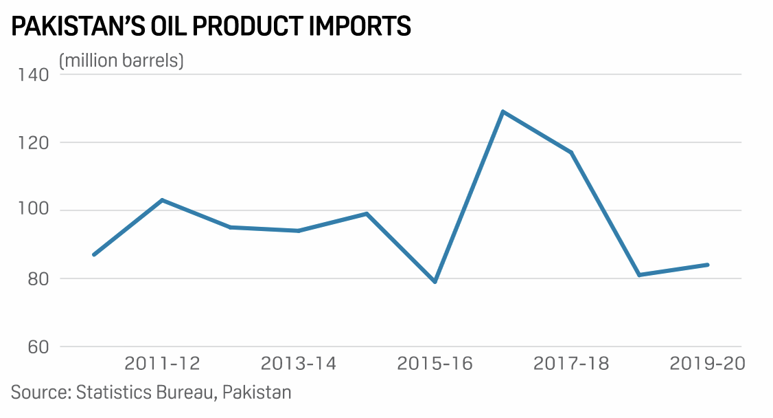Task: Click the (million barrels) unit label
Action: pyautogui.click(x=122, y=60)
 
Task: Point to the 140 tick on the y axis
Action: pyautogui.click(x=30, y=74)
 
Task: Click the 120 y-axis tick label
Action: pyautogui.click(x=30, y=142)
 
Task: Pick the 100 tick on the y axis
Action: pyautogui.click(x=30, y=210)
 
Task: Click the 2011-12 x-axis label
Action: pyautogui.click(x=162, y=364)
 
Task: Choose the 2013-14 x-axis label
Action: pyautogui.click(x=299, y=364)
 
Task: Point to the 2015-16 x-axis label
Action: pyautogui.click(x=435, y=364)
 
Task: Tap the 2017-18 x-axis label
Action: pyautogui.click(x=571, y=364)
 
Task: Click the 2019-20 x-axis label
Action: pyautogui.click(x=708, y=364)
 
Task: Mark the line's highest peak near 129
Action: pyautogui.click(x=503, y=111)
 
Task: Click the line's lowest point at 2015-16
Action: pyautogui.click(x=435, y=282)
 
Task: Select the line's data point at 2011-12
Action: pyautogui.click(x=162, y=200)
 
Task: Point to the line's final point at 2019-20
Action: pyautogui.click(x=708, y=265)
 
